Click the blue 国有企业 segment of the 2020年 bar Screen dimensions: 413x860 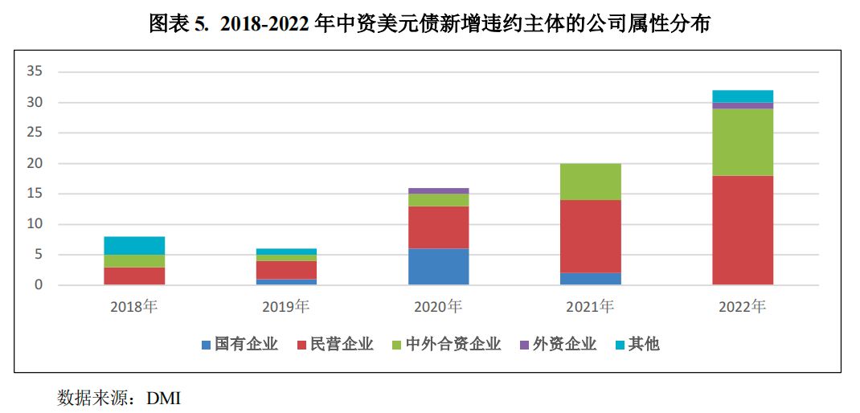coord(438,267)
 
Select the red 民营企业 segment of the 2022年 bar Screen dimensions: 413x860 coord(743,230)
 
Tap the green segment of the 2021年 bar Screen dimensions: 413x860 coord(591,182)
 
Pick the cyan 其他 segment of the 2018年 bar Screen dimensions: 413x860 coord(134,246)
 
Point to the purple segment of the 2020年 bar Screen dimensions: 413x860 coord(438,191)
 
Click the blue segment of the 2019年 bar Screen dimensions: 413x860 coord(286,282)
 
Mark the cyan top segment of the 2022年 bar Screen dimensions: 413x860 coord(743,96)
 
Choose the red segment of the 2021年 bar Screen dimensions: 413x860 coord(591,236)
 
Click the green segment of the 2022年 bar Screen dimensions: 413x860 coord(743,142)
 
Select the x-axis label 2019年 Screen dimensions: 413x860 coord(286,306)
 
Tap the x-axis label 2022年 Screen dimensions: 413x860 coord(743,306)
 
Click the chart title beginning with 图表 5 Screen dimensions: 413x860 coord(430,24)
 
